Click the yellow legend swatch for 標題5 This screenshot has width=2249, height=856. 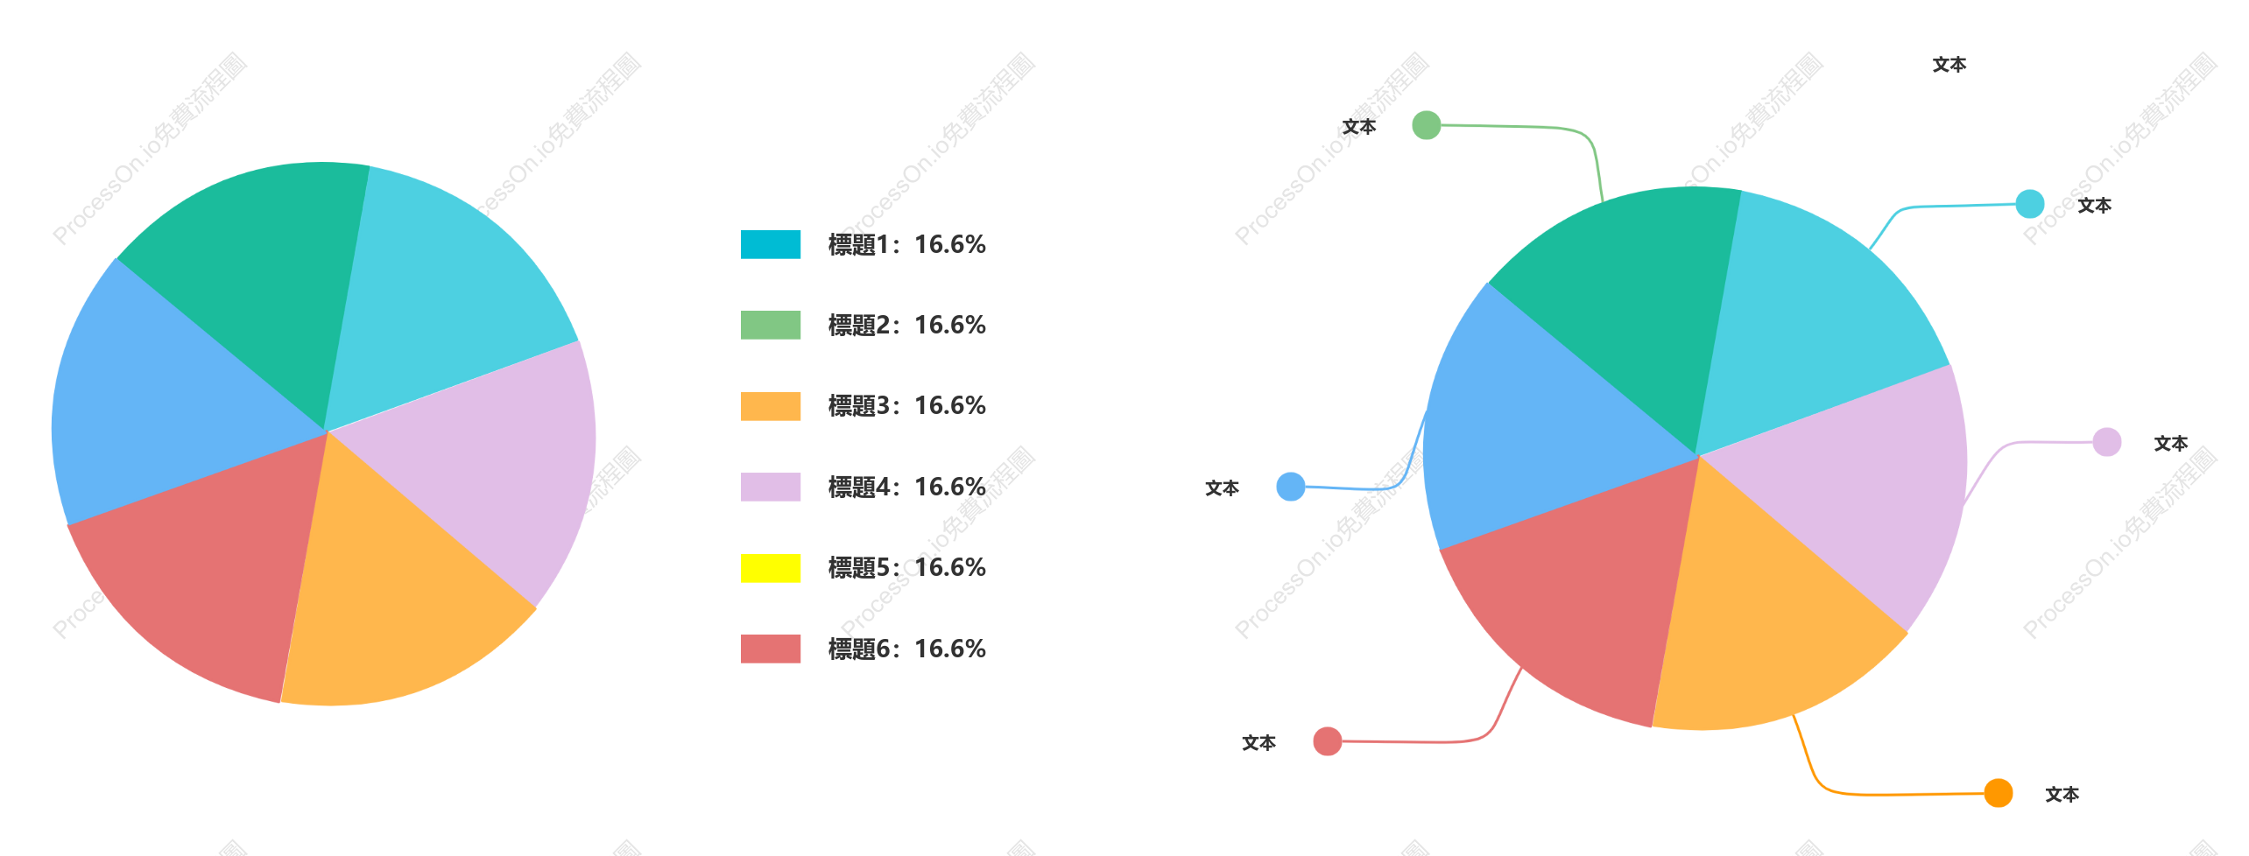(x=771, y=568)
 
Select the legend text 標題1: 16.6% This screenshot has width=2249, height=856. (x=907, y=244)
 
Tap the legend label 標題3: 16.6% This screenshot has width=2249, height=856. (x=907, y=406)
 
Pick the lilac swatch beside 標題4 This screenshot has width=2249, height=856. (x=771, y=487)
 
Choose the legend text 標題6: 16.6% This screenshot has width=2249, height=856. (x=907, y=649)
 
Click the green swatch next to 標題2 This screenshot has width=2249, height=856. (x=771, y=325)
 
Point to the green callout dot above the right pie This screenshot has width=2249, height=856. (x=1427, y=125)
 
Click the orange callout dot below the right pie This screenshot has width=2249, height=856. (x=1998, y=793)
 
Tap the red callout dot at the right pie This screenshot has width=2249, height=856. (x=1328, y=741)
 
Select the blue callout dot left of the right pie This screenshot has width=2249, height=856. (x=1291, y=487)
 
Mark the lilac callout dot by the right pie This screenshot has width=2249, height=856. (x=2106, y=442)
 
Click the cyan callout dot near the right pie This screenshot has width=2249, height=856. (x=2029, y=204)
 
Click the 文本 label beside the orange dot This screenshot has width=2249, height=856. (x=2062, y=794)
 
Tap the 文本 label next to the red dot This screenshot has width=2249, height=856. (x=1258, y=742)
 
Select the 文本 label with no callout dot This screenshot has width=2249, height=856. (x=1949, y=65)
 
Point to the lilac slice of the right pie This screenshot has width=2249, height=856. (x=1857, y=490)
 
